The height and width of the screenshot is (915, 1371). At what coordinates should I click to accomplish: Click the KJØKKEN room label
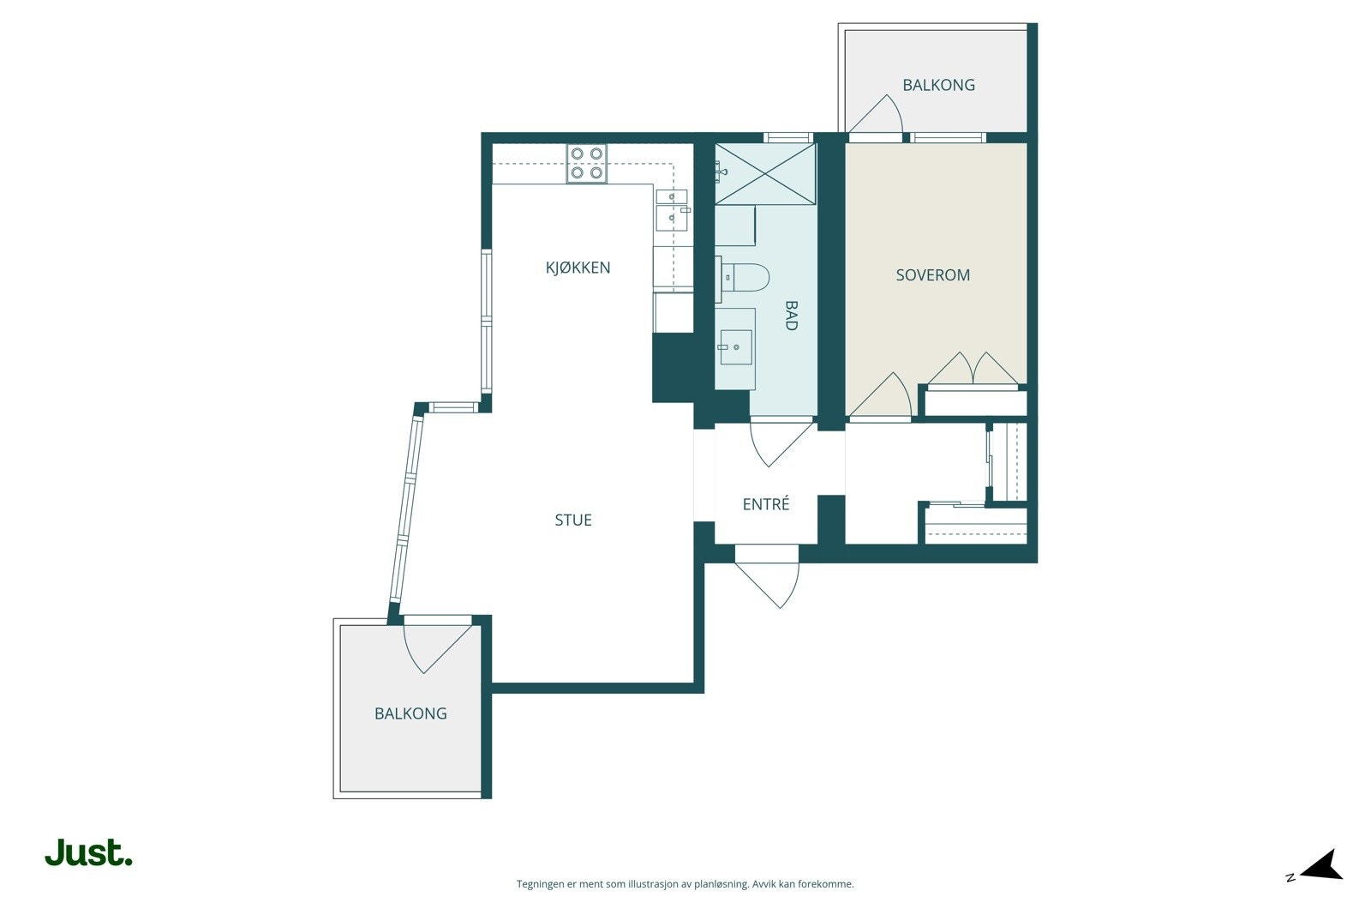(578, 268)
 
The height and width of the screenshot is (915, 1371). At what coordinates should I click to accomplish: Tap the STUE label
(573, 520)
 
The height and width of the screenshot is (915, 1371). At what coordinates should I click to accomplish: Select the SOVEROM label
(933, 275)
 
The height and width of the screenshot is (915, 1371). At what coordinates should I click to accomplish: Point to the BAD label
(792, 316)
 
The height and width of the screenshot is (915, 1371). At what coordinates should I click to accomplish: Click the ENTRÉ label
(766, 503)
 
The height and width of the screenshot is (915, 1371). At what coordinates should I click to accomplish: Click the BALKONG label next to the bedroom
(938, 85)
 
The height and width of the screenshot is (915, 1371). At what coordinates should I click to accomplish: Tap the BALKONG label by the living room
(410, 713)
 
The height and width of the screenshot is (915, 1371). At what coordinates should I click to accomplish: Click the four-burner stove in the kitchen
(586, 164)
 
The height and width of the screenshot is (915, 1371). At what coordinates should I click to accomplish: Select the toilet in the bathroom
(742, 278)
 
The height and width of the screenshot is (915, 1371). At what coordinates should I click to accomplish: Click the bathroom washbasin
(736, 347)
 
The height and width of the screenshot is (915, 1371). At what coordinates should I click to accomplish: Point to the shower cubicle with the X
(765, 174)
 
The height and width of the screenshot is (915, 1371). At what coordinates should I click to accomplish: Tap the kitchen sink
(672, 209)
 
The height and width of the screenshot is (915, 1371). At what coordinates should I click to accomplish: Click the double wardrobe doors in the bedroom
(973, 369)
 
